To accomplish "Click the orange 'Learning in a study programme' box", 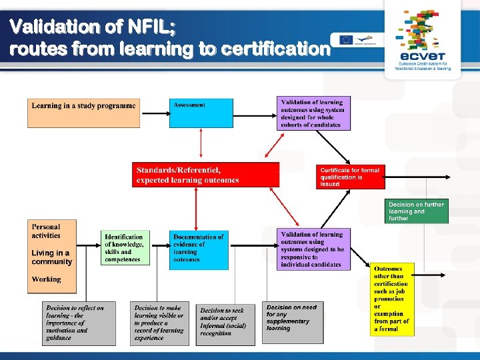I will [x=83, y=113].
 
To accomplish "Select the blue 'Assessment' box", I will [x=201, y=113].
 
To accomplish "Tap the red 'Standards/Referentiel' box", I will [x=205, y=175].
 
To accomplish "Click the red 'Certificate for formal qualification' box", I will [x=350, y=177].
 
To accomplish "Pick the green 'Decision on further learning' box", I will [x=417, y=211].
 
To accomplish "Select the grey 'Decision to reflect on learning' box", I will [x=78, y=323].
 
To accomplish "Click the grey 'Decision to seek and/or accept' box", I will [x=225, y=325].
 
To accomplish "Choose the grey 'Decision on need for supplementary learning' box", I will [x=291, y=323].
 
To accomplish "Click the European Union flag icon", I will [x=346, y=39].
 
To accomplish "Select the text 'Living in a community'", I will [x=51, y=257].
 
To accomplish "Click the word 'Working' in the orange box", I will [x=46, y=279].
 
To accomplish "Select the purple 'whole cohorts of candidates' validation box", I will [x=313, y=113].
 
